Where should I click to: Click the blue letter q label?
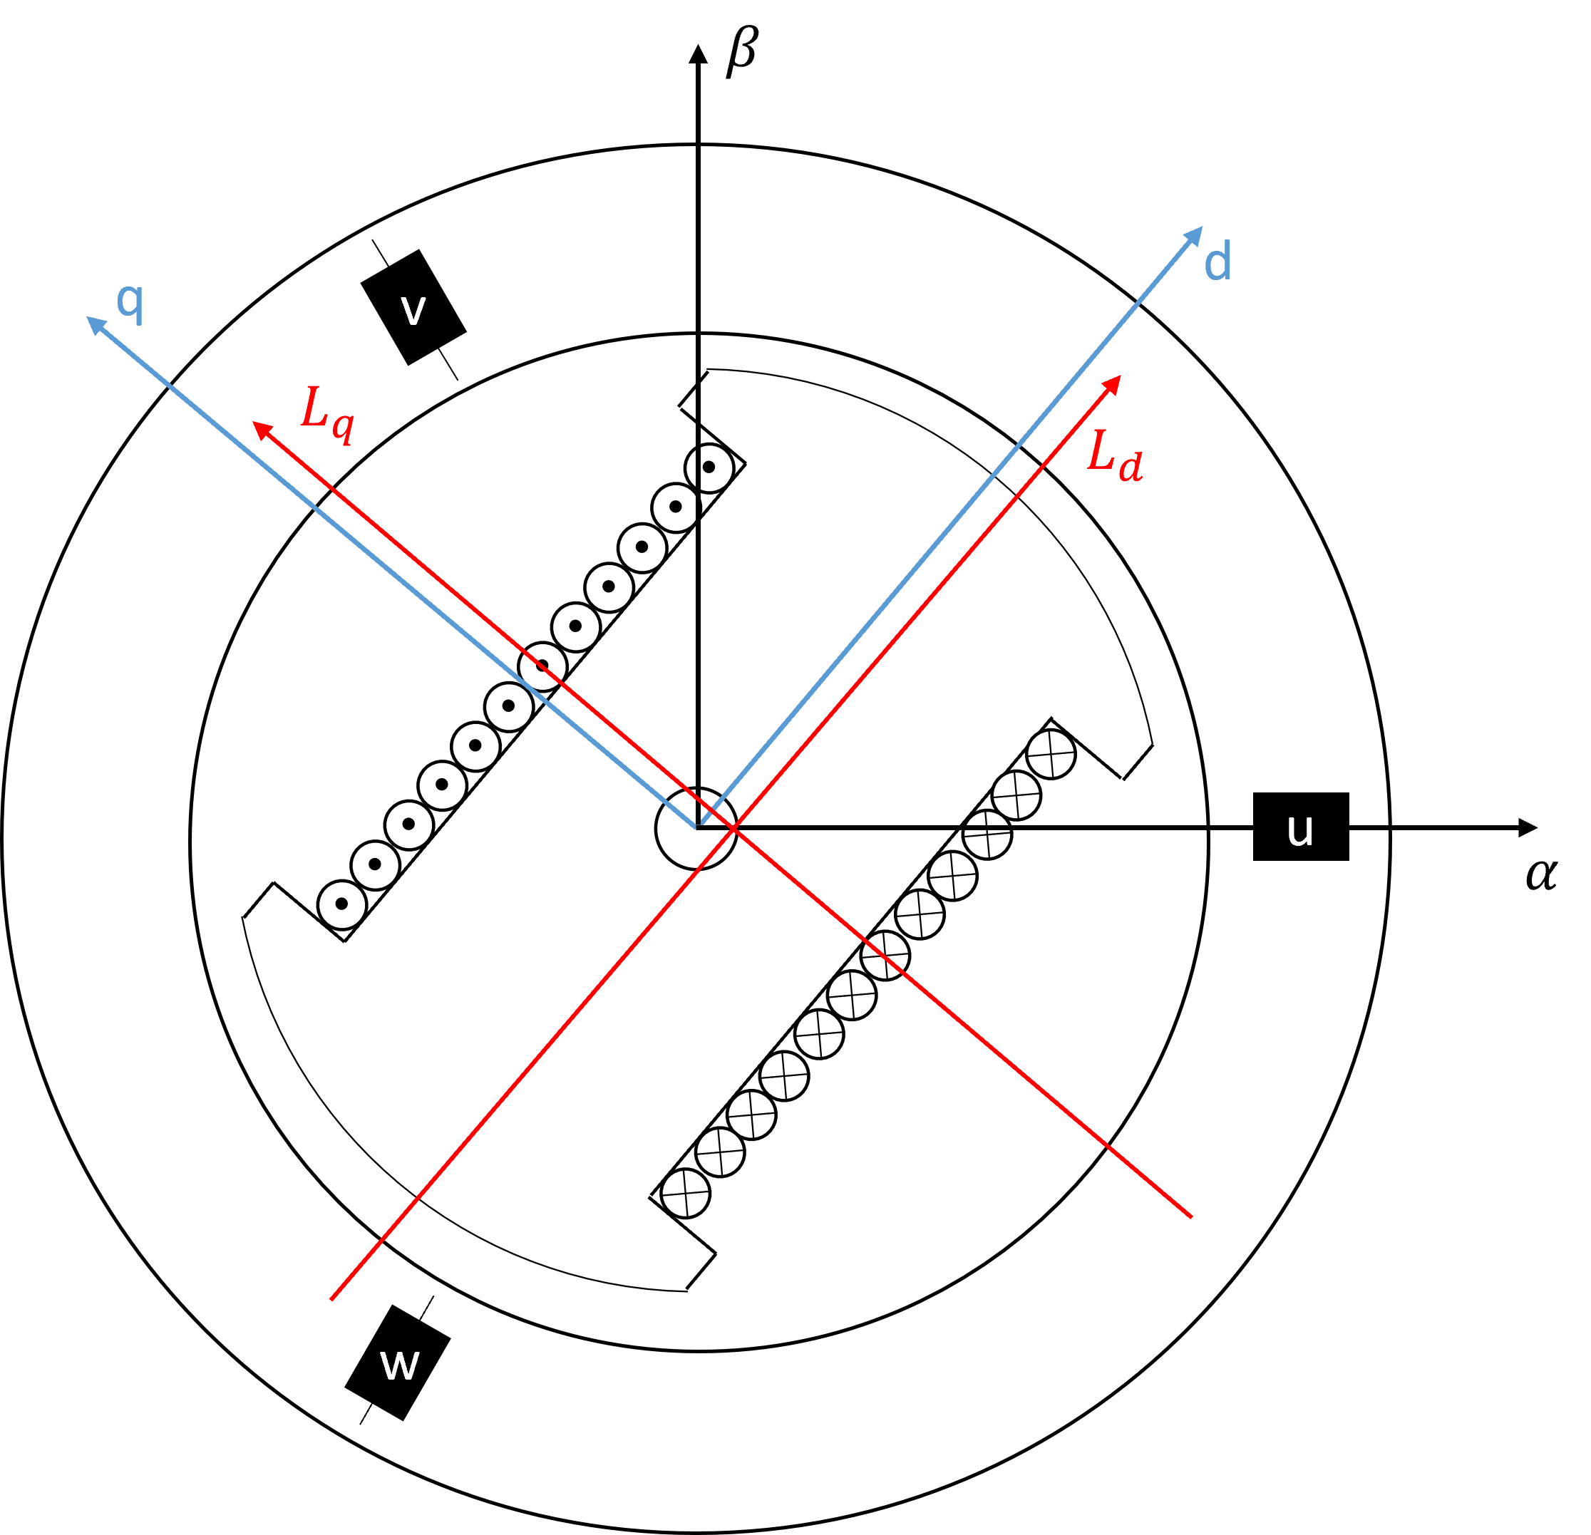pyautogui.click(x=130, y=304)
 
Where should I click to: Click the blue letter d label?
pyautogui.click(x=1217, y=262)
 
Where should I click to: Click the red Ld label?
pyautogui.click(x=1115, y=456)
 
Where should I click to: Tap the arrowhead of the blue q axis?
pyautogui.click(x=95, y=324)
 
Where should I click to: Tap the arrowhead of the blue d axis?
pyautogui.click(x=1195, y=234)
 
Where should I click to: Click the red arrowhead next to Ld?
pyautogui.click(x=1113, y=383)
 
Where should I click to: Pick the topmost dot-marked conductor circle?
pyautogui.click(x=709, y=468)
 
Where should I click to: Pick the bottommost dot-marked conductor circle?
pyautogui.click(x=341, y=904)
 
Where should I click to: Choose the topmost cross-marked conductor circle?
pyautogui.click(x=1051, y=754)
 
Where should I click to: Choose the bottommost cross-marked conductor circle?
pyautogui.click(x=685, y=1194)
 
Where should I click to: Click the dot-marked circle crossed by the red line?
pyautogui.click(x=542, y=667)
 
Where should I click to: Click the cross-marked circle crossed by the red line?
pyautogui.click(x=885, y=955)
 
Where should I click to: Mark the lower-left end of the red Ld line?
pyautogui.click(x=332, y=1299)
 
